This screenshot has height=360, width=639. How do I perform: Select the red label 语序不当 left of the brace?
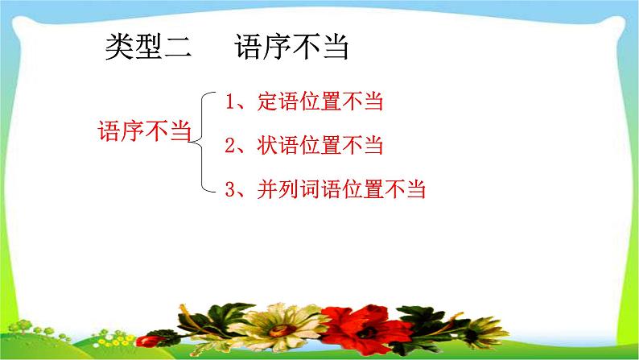click(x=142, y=132)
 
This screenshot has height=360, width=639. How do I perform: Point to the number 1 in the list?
click(x=230, y=102)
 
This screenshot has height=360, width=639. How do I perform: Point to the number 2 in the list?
click(x=230, y=146)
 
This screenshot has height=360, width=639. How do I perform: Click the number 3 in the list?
click(x=230, y=190)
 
